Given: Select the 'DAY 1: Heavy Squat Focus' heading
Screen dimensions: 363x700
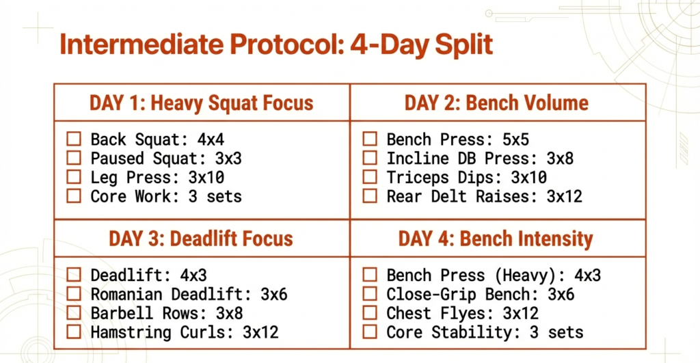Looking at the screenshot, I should pos(202,103).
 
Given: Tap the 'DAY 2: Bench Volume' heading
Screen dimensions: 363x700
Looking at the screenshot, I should pos(496,103).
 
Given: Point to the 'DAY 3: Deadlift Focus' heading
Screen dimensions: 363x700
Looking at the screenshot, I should pos(201,239).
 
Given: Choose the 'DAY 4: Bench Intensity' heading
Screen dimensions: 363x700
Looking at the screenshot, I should pos(496,239).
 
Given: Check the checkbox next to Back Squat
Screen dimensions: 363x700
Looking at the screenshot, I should pos(74,139).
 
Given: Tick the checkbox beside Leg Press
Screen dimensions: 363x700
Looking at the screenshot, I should pos(74,178).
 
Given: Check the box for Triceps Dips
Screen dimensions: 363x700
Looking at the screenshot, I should pos(370,178).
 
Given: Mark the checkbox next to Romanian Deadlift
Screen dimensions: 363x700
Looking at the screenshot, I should pos(74,295).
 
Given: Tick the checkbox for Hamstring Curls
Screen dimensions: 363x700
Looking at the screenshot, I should pos(74,333).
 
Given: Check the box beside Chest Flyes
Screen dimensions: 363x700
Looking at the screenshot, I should pos(370,314).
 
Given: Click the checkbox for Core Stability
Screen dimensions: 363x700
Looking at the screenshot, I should pos(370,333).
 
